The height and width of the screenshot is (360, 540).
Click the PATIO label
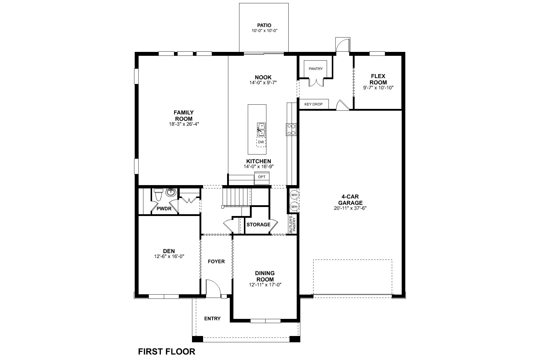(264, 25)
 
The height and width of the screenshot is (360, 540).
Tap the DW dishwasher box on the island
(261, 142)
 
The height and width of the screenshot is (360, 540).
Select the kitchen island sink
(261, 129)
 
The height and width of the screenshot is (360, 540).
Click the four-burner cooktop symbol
(291, 129)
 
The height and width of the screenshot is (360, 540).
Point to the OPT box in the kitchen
(262, 177)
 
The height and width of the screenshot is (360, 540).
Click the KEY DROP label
(313, 104)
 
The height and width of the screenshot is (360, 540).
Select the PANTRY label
(316, 69)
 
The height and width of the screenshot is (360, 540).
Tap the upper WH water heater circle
(294, 195)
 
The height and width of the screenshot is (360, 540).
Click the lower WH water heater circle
(294, 207)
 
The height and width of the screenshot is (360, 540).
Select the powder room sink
(171, 192)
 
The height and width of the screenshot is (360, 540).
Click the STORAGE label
(258, 224)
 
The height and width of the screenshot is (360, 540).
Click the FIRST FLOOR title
(166, 351)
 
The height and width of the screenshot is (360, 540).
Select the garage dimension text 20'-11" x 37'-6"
(350, 208)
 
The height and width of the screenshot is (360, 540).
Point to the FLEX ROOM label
(378, 79)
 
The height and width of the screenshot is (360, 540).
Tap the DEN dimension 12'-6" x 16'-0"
(169, 256)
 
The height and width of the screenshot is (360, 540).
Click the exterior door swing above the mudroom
(343, 45)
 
